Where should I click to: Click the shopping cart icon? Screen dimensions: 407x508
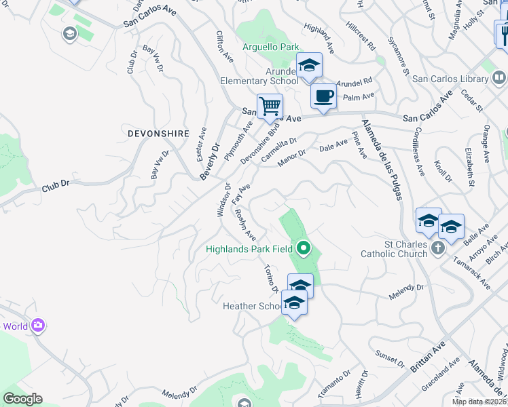pyautogui.click(x=270, y=106)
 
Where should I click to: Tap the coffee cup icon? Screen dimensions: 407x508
pyautogui.click(x=323, y=96)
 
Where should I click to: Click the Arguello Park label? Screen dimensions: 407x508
pyautogui.click(x=271, y=47)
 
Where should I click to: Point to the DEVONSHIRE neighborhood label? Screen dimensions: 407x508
pyautogui.click(x=158, y=134)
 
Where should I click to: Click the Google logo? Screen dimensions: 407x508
pyautogui.click(x=22, y=399)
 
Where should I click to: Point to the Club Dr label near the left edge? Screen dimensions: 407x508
pyautogui.click(x=56, y=186)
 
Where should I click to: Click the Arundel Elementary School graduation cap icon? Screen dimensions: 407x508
pyautogui.click(x=309, y=66)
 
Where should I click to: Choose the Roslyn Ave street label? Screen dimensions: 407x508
pyautogui.click(x=244, y=225)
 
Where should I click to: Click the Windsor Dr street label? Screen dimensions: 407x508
pyautogui.click(x=223, y=199)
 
